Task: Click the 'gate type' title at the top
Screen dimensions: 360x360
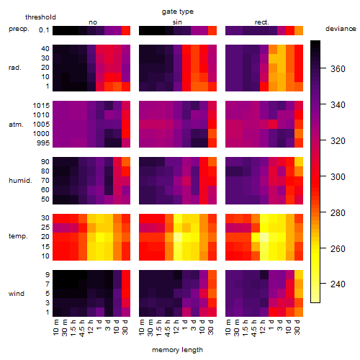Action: [178, 12]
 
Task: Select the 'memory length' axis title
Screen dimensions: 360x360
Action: [177, 350]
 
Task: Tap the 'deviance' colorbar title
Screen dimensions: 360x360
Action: [341, 29]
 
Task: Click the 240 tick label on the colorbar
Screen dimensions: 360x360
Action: [338, 284]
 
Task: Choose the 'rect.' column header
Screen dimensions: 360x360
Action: [261, 22]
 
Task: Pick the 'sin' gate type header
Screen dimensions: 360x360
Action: [177, 22]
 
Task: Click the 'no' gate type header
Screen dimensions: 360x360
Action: [93, 22]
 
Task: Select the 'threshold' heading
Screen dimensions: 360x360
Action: [40, 17]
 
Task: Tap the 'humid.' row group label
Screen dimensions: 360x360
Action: [20, 181]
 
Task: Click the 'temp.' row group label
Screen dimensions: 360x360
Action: [18, 236]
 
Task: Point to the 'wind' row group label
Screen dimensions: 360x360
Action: [17, 294]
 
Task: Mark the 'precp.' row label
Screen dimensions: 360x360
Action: [19, 29]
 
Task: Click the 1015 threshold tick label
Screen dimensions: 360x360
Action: [41, 106]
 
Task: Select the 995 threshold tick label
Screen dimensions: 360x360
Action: [43, 143]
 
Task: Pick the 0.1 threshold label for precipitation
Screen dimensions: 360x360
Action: [44, 30]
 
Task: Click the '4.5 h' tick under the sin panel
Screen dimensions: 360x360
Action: [168, 328]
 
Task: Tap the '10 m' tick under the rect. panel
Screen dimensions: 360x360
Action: [228, 328]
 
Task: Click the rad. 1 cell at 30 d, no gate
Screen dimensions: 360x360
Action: [126, 86]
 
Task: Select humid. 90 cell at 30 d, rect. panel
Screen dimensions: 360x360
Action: [299, 162]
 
